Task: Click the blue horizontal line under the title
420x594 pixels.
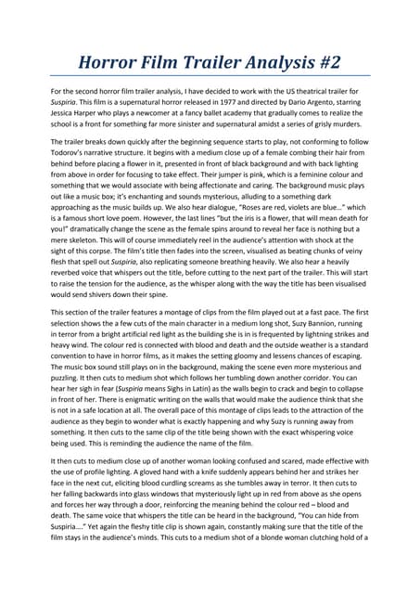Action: tap(210, 75)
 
